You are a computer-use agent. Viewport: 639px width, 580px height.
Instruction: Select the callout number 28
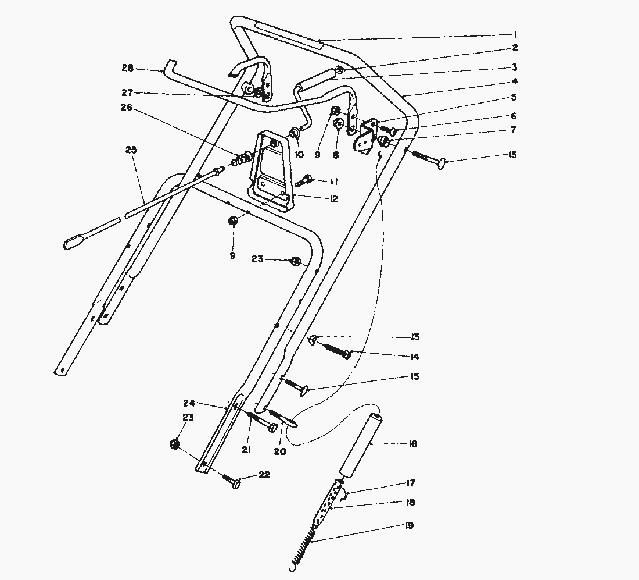(x=127, y=68)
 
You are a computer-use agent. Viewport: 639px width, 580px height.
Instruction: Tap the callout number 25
(x=131, y=150)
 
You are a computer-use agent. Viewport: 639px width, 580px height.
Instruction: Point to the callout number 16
(x=412, y=444)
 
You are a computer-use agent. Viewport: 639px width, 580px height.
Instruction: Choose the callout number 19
(x=410, y=525)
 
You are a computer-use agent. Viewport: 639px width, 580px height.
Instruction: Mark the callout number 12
(x=333, y=199)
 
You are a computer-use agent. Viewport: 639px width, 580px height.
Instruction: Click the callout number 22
(x=264, y=475)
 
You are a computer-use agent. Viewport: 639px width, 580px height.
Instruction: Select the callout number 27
(x=127, y=92)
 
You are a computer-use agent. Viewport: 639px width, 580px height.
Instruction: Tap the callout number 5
(x=513, y=97)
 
